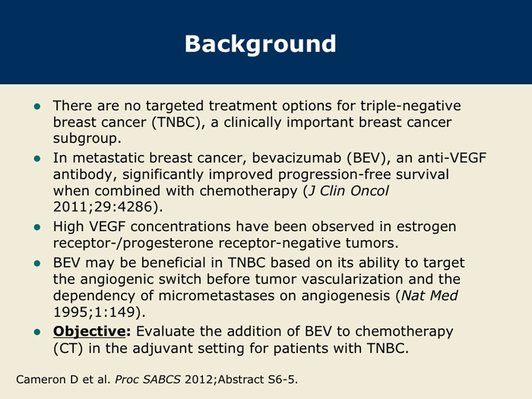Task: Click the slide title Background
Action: tap(260, 44)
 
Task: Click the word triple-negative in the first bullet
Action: tap(410, 106)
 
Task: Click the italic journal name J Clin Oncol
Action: tap(348, 191)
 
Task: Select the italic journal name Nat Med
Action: tap(430, 296)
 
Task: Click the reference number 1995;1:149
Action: tap(94, 312)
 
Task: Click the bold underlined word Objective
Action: tap(89, 331)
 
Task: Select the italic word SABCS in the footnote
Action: tap(162, 379)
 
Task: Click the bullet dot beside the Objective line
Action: tap(37, 332)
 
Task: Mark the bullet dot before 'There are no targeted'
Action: tap(37, 106)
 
